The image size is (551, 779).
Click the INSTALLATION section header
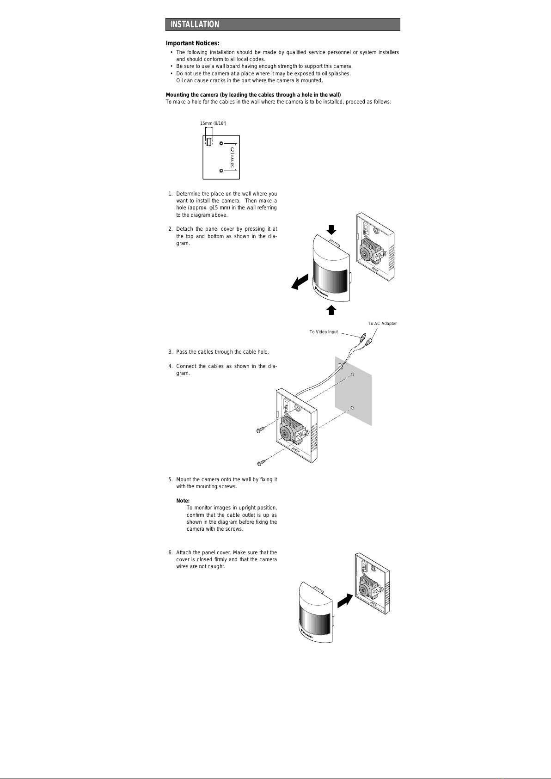click(195, 25)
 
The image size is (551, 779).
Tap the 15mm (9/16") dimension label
click(213, 123)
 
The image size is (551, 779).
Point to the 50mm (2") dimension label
click(233, 158)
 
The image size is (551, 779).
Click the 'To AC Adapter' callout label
click(382, 324)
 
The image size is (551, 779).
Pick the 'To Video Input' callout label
click(324, 332)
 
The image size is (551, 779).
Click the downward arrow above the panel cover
click(331, 229)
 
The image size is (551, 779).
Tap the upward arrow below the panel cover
click(331, 310)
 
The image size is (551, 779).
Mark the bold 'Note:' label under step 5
click(183, 501)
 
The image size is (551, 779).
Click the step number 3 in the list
click(170, 352)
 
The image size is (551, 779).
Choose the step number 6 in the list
click(170, 552)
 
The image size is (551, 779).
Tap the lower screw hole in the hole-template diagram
click(221, 171)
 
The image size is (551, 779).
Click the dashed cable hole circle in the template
click(209, 142)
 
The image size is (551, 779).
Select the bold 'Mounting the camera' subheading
click(253, 95)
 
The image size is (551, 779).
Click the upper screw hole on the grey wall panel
click(352, 374)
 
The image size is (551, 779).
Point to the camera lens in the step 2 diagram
click(365, 254)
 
